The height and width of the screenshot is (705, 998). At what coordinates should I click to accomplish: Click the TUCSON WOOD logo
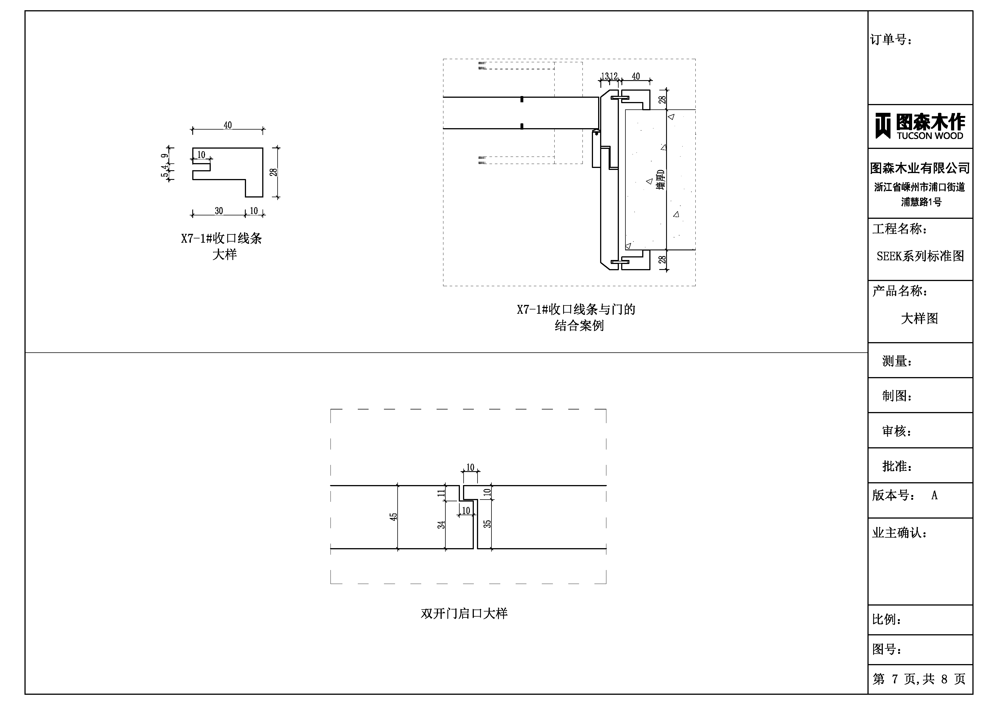(x=920, y=126)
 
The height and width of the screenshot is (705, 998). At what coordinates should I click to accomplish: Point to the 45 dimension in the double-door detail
(x=393, y=517)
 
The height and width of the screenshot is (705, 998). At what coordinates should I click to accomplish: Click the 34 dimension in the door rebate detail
(x=441, y=525)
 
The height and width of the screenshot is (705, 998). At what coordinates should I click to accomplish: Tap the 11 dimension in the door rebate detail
(x=441, y=493)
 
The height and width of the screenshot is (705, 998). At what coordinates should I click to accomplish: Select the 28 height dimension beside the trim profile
(x=273, y=172)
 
